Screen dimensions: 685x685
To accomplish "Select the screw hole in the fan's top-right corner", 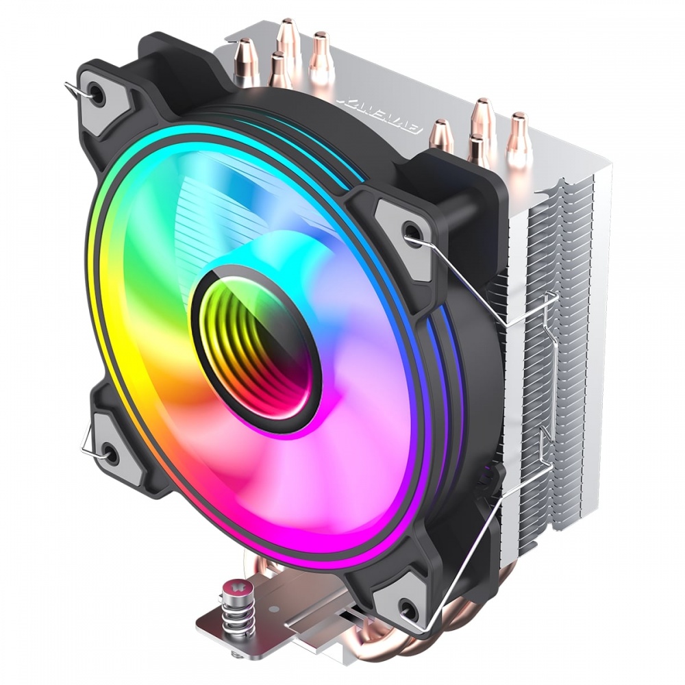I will (x=411, y=232).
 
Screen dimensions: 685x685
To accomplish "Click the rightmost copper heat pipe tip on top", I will (x=519, y=123).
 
